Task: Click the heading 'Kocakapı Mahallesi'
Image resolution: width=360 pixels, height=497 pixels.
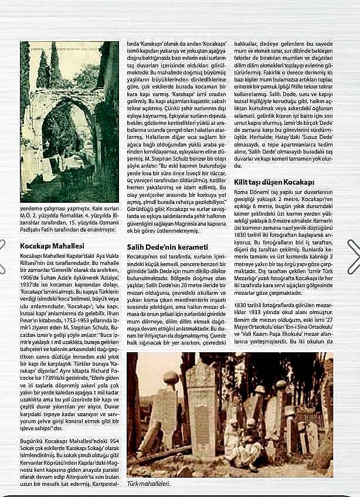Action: point(52,246)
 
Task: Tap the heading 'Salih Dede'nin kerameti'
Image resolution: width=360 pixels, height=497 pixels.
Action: point(168,247)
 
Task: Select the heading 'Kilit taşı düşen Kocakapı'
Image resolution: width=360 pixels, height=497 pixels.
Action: point(275,182)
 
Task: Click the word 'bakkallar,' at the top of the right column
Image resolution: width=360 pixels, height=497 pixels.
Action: point(247,43)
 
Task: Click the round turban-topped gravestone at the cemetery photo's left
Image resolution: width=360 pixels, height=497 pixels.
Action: point(171,378)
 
